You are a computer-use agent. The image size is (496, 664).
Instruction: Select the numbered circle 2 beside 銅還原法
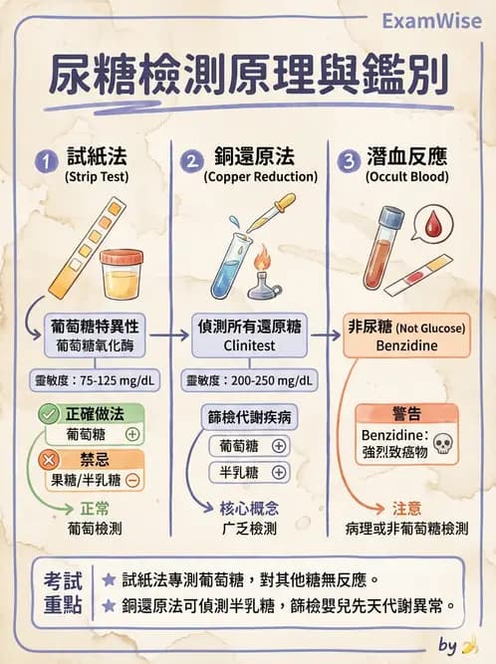pyautogui.click(x=191, y=159)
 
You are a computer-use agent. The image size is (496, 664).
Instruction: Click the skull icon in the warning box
pyautogui.click(x=444, y=443)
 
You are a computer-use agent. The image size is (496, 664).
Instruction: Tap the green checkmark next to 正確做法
pyautogui.click(x=47, y=414)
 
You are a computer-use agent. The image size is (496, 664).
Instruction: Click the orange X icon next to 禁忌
pyautogui.click(x=47, y=460)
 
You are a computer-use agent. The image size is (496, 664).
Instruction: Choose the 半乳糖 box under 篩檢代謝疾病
pyautogui.click(x=249, y=473)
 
